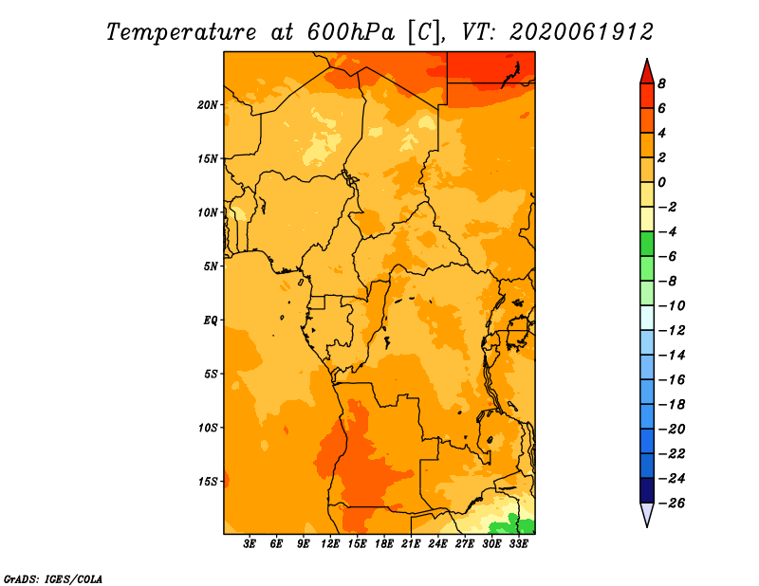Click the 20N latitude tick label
tap(208, 105)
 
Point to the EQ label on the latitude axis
tap(211, 320)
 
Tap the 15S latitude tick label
tap(208, 482)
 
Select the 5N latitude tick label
tap(211, 266)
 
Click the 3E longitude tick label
tap(250, 543)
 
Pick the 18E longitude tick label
tap(384, 543)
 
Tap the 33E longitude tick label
tap(518, 543)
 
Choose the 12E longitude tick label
tap(330, 543)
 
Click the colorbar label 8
tap(661, 83)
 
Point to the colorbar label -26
tap(672, 504)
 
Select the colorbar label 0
tap(661, 182)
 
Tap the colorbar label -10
tap(672, 306)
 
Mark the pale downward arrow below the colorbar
tap(647, 514)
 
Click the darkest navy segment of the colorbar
tap(647, 490)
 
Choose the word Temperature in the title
tap(181, 32)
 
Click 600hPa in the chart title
tap(351, 32)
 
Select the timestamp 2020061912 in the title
tap(582, 32)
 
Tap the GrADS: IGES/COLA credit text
tap(53, 578)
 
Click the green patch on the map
tap(513, 525)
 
